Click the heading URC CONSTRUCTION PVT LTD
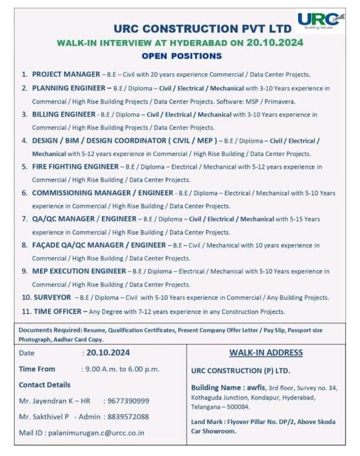click(203, 29)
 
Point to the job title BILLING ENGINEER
click(64, 115)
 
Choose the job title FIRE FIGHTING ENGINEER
click(75, 167)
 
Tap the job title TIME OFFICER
click(56, 311)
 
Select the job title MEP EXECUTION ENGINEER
click(79, 271)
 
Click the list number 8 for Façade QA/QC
click(25, 245)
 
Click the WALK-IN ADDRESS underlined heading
click(266, 353)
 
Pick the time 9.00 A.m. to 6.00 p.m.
click(121, 369)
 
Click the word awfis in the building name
click(257, 387)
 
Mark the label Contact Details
click(45, 385)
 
